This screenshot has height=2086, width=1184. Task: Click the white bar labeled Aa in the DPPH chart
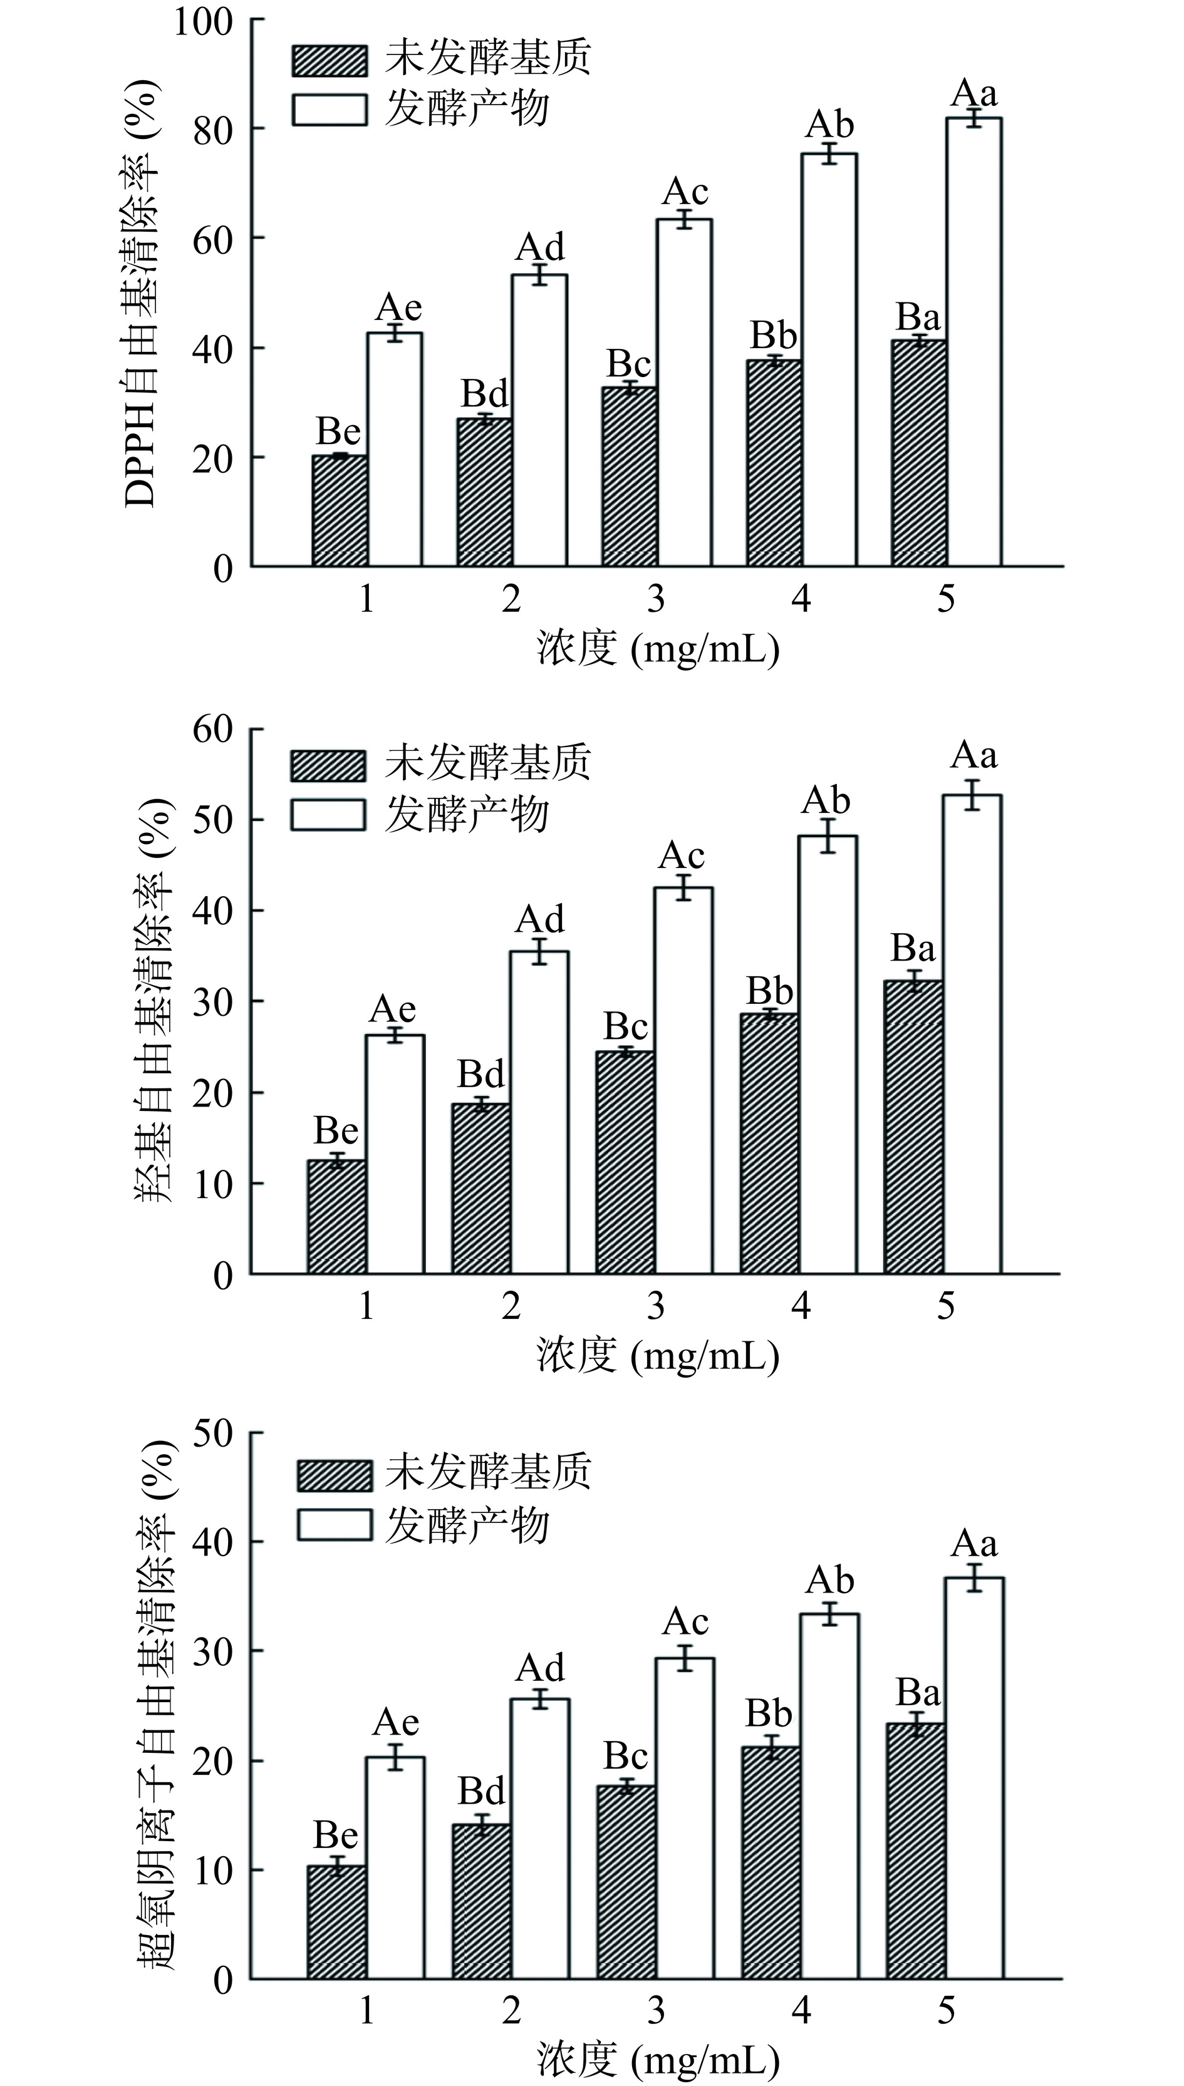point(974,341)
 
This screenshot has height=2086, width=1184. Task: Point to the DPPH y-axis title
point(141,292)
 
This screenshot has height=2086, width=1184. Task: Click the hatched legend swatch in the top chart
point(330,60)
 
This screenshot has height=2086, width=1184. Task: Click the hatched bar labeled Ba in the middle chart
point(914,1126)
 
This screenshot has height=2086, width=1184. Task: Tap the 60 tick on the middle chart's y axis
point(213,729)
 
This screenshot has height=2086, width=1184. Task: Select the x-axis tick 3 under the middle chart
point(655,1306)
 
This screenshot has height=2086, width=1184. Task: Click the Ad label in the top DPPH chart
point(540,245)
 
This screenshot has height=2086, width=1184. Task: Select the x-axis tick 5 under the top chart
point(946,600)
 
